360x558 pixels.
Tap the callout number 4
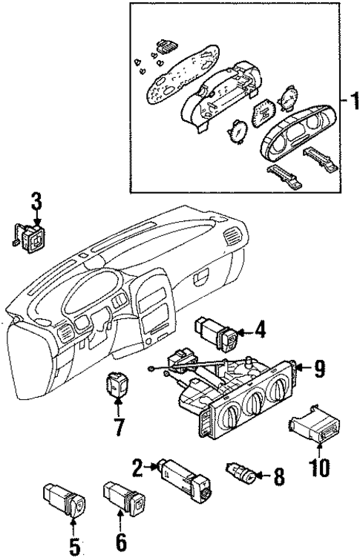(260, 329)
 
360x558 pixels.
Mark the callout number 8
(278, 476)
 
